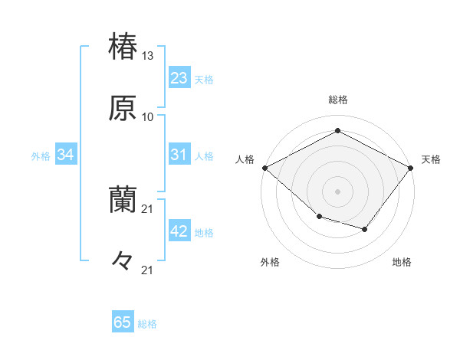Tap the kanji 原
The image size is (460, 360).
point(123,108)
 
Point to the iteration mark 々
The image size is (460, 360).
point(123,261)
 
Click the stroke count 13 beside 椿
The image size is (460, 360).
point(148,56)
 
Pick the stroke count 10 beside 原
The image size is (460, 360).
point(148,117)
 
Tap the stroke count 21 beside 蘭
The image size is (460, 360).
point(148,208)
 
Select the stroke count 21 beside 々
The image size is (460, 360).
point(148,270)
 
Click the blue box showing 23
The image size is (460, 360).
point(179,78)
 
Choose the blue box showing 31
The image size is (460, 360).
point(179,155)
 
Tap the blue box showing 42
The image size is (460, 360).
point(179,231)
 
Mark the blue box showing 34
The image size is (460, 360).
point(65,155)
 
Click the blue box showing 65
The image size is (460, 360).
point(123,322)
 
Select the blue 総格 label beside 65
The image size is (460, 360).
point(147,324)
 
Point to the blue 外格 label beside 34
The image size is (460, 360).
point(41,156)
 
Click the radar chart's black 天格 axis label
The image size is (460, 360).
point(431,159)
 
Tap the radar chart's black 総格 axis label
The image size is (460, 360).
point(337,100)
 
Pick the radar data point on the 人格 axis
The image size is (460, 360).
point(264,167)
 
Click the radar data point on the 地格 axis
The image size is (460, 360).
point(365,229)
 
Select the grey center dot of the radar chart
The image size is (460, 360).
point(337,191)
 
